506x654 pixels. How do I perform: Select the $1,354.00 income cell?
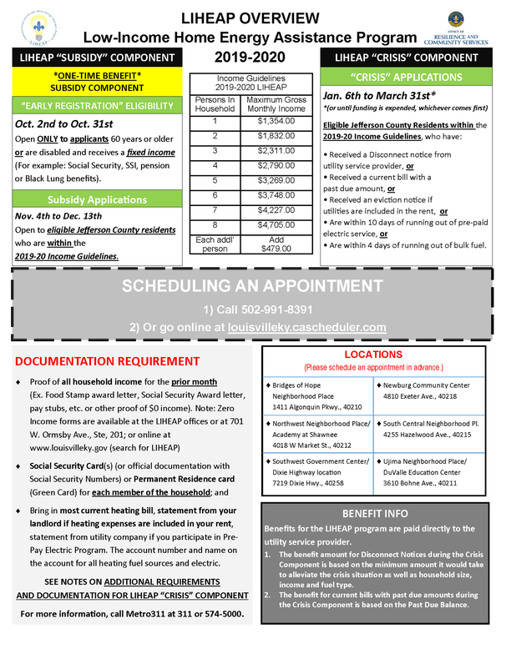pyautogui.click(x=275, y=121)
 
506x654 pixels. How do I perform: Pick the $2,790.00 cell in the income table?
pyautogui.click(x=275, y=165)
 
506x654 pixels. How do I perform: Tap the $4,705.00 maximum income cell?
pyautogui.click(x=275, y=224)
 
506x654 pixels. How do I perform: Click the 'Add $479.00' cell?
pyautogui.click(x=275, y=243)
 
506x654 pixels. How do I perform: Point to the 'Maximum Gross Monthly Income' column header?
pyautogui.click(x=275, y=104)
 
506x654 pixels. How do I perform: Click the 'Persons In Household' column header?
pyautogui.click(x=215, y=104)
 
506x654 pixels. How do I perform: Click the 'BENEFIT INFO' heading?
pyautogui.click(x=375, y=513)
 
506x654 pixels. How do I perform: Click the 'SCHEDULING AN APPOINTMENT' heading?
pyautogui.click(x=252, y=286)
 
